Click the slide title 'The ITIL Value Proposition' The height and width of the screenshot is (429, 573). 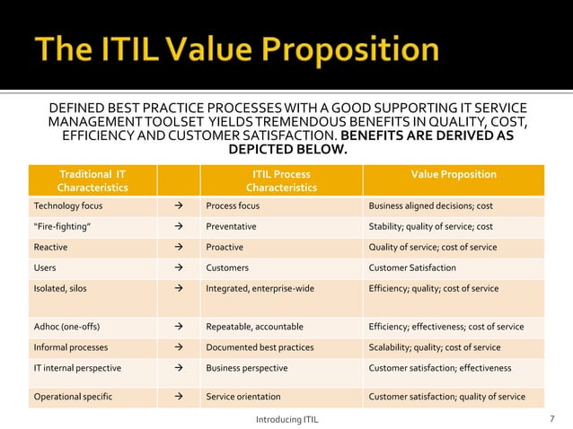click(237, 48)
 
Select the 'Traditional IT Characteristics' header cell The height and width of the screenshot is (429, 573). click(93, 180)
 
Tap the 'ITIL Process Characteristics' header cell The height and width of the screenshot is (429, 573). click(281, 180)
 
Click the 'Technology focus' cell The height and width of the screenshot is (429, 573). click(68, 206)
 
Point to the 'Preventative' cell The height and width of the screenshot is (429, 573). click(231, 226)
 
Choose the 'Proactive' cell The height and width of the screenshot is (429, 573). click(225, 247)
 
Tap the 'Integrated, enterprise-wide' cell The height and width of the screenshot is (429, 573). click(260, 288)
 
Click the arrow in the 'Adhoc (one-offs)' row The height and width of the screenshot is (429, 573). click(178, 327)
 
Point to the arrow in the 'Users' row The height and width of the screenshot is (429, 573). click(178, 267)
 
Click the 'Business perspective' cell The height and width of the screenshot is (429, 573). click(247, 368)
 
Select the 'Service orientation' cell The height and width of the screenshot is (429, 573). click(245, 397)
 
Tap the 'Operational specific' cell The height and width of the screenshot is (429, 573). click(69, 397)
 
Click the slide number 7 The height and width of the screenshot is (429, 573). click(551, 419)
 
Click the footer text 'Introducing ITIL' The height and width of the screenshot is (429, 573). click(287, 419)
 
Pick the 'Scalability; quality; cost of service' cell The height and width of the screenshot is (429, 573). click(435, 347)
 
